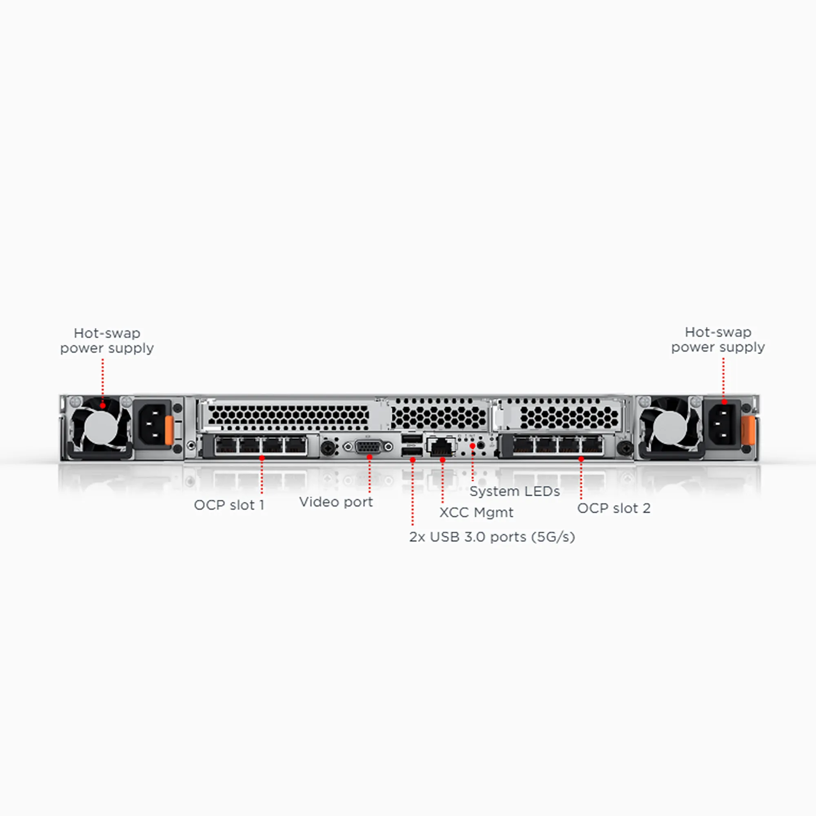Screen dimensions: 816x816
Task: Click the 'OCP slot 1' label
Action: point(229,505)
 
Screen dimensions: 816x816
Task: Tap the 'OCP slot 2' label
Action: point(614,508)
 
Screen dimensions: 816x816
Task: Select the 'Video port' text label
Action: point(336,502)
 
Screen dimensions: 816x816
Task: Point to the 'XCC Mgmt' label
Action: point(476,512)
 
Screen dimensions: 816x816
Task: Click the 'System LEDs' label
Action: point(514,491)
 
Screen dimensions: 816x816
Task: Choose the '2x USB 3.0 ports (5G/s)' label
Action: point(492,537)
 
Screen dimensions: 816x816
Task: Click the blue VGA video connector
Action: point(369,446)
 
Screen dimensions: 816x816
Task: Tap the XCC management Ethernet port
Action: point(441,446)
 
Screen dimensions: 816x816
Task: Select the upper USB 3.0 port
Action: point(412,439)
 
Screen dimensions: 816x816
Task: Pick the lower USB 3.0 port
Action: point(412,452)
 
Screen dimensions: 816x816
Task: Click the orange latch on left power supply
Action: point(169,430)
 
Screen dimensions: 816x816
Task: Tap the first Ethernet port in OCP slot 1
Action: point(226,446)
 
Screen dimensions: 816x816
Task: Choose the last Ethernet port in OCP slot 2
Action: point(592,446)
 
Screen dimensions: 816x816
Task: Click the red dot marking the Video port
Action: point(370,457)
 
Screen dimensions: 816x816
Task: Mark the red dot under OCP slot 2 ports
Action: point(581,459)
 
